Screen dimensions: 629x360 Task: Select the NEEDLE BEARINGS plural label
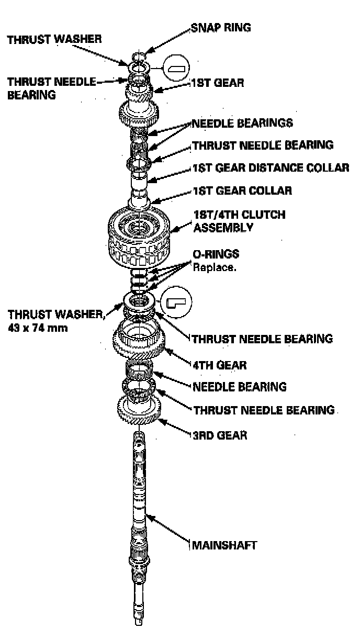click(242, 123)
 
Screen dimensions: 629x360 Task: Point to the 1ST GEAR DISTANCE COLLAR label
click(271, 168)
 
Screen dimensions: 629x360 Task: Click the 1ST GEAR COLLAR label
click(242, 190)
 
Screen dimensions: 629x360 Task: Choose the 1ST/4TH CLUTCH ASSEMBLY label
click(239, 221)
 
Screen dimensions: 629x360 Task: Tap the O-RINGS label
click(216, 255)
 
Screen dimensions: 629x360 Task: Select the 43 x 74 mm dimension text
click(37, 329)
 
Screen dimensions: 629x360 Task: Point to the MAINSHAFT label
click(224, 545)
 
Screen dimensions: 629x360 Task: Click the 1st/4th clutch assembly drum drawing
click(139, 235)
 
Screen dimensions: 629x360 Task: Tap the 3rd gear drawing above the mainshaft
click(139, 408)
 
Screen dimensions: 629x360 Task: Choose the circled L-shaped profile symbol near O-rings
click(176, 302)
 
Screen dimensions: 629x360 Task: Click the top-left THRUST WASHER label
click(54, 39)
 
